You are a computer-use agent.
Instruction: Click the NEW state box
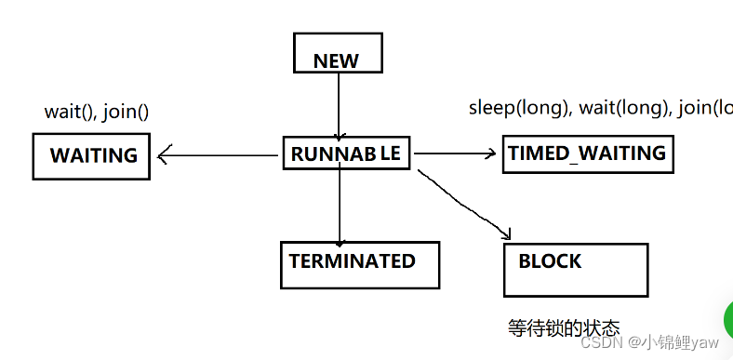[x=338, y=53]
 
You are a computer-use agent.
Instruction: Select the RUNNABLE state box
[x=347, y=153]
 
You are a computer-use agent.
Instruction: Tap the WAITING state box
[x=91, y=156]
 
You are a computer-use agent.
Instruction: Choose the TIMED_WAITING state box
[x=587, y=153]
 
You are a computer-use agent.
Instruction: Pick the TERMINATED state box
[x=358, y=264]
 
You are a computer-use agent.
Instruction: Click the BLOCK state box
[x=575, y=269]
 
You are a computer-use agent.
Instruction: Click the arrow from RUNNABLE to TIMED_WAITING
[x=456, y=153]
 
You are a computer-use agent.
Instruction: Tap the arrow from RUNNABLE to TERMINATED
[x=340, y=205]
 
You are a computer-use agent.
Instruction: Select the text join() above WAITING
[x=126, y=112]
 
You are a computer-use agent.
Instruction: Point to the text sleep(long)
[x=519, y=107]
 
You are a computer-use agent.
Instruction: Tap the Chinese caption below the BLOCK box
[x=564, y=328]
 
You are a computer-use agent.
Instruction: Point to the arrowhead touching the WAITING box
[x=162, y=156]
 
